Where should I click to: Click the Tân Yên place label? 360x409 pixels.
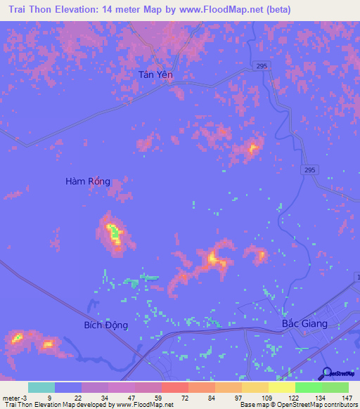(x=155, y=74)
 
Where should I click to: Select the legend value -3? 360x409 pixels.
(x=24, y=397)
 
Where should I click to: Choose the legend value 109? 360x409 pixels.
(x=266, y=397)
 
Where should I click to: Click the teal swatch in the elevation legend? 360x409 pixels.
(x=41, y=387)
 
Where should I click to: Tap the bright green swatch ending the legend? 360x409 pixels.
(x=335, y=387)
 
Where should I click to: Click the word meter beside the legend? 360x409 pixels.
(x=11, y=397)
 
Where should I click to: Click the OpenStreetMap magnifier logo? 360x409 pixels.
(x=326, y=372)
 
